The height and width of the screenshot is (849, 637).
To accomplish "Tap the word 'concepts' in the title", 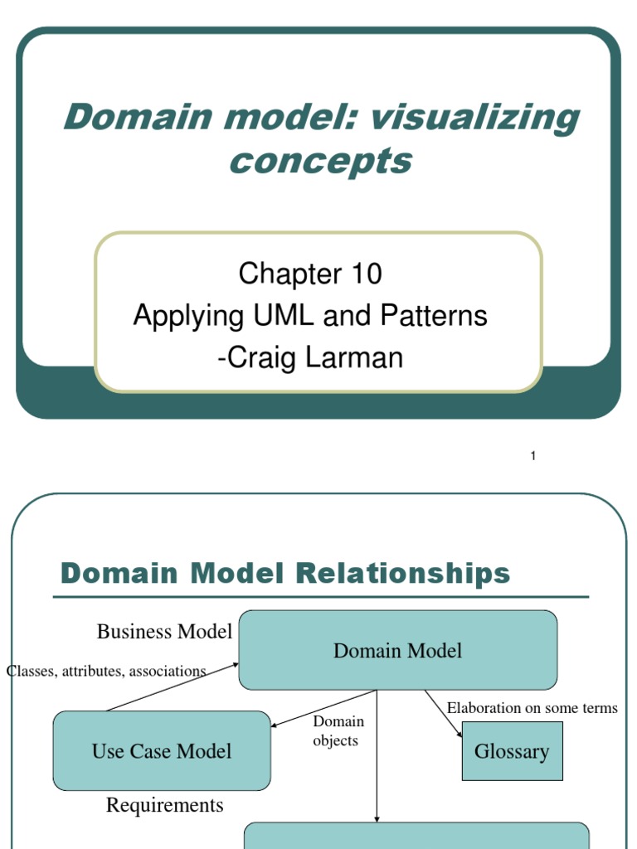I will (320, 160).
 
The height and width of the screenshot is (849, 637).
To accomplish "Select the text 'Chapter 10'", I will (310, 274).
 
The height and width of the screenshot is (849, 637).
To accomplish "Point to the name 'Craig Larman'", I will (314, 357).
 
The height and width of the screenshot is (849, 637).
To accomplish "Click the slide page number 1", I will (533, 456).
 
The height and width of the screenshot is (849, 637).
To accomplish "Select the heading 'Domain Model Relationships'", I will (285, 574).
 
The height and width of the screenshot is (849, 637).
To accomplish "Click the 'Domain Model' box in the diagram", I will (397, 651).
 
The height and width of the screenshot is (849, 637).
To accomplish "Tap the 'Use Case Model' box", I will (162, 751).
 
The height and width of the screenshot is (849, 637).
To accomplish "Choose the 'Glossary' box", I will (512, 751).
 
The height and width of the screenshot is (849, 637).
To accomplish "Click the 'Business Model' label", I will (164, 632).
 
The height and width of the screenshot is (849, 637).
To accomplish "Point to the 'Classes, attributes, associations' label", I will (106, 671).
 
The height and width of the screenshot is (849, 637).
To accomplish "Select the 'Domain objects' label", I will (337, 731).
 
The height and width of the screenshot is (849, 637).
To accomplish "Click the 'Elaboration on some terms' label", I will (532, 708).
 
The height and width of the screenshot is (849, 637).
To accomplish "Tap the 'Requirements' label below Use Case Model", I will (164, 805).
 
